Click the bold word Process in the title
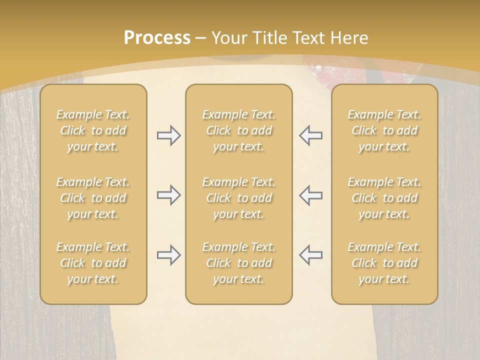coord(157,38)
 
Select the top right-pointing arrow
coord(168,135)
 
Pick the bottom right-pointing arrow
coord(168,254)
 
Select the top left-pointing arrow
coord(310,135)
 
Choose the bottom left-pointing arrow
coord(310,254)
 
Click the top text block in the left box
coord(93,130)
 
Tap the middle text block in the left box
coord(93,198)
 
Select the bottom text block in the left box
coord(93,263)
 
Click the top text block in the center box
coord(238,130)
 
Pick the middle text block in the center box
coord(238,198)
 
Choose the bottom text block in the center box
coord(238,263)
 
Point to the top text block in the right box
coord(384,130)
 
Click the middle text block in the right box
coord(384,198)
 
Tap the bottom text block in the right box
coord(384,263)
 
